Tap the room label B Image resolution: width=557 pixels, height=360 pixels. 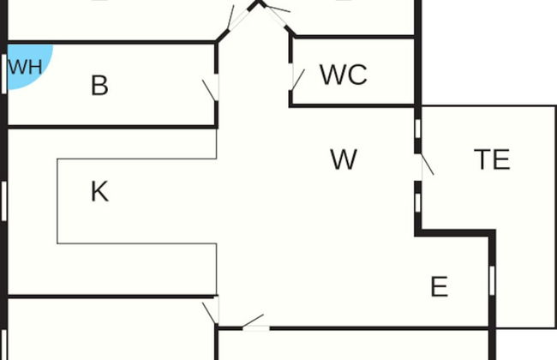[99, 86]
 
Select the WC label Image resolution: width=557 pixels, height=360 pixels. [344, 75]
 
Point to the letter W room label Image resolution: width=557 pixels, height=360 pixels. [343, 159]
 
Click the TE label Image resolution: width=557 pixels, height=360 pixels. [492, 159]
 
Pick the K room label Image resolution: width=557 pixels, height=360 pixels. [99, 192]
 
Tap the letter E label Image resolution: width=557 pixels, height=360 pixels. [439, 286]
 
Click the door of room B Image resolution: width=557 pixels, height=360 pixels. [211, 89]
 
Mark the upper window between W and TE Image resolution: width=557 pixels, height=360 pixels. [417, 129]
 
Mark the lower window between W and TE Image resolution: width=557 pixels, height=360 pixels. [417, 202]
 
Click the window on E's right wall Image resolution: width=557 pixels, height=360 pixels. [492, 279]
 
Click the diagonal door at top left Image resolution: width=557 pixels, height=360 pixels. [229, 17]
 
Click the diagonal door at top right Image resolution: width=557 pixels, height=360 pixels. [276, 10]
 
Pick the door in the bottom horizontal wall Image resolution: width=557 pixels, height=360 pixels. [254, 324]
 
